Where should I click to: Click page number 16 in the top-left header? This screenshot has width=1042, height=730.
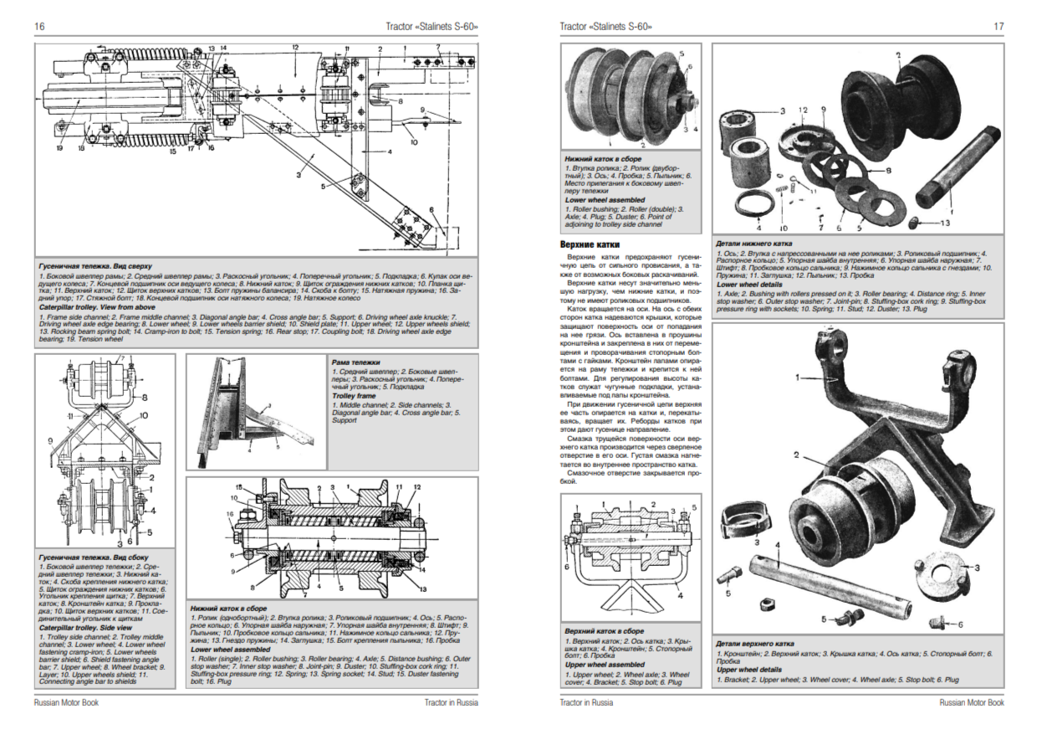click(x=39, y=27)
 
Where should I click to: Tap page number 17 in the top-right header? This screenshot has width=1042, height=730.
click(x=999, y=27)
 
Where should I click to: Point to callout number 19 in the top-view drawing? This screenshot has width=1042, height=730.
click(x=61, y=147)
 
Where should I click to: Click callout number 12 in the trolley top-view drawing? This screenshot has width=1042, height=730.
click(x=295, y=47)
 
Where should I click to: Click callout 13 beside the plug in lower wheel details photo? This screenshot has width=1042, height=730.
click(x=945, y=224)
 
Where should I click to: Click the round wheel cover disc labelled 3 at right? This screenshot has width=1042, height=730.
click(x=941, y=578)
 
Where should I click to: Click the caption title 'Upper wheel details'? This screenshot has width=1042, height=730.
click(x=748, y=670)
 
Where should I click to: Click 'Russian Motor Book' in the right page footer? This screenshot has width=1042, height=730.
click(x=973, y=702)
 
